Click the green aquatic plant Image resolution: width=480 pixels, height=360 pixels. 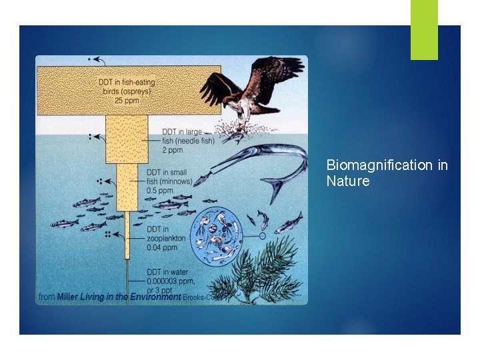[267, 273]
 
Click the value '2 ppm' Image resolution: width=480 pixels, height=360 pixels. [173, 150]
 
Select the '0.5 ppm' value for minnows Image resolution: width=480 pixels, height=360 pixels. [160, 191]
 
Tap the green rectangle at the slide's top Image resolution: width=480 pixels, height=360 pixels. [424, 29]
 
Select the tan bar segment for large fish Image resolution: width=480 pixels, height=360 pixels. [126, 139]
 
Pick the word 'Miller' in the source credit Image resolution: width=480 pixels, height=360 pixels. [67, 297]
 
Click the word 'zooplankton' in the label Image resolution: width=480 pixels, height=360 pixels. [166, 238]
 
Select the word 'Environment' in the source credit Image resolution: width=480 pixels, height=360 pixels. [155, 297]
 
